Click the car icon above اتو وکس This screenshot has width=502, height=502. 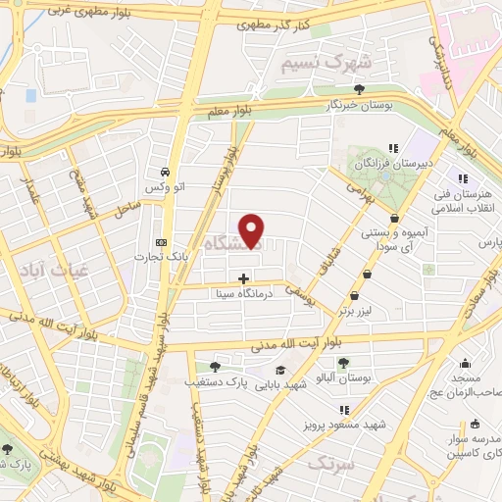[168, 167]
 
